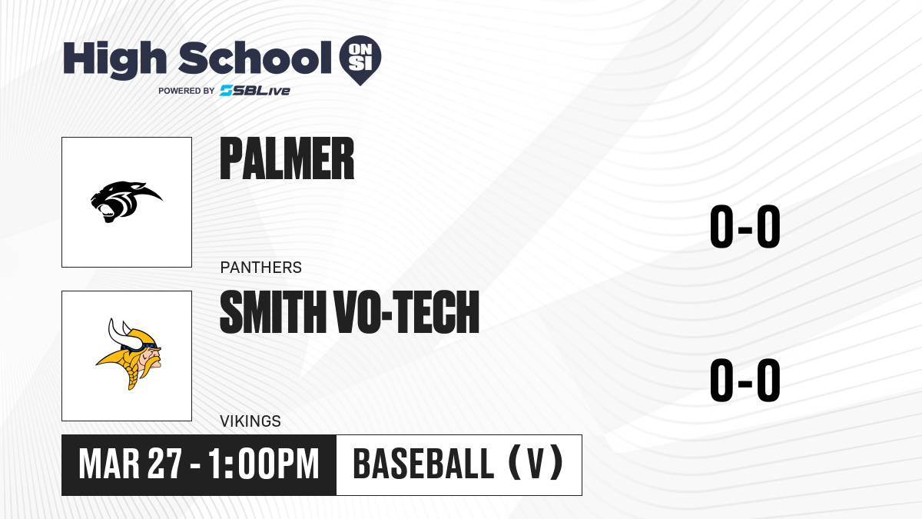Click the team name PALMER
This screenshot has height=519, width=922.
287,158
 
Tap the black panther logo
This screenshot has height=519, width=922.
126,201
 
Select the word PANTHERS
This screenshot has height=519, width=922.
261,268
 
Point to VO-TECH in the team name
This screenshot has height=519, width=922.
407,311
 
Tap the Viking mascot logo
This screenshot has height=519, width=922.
129,354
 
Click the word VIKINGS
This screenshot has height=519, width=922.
250,421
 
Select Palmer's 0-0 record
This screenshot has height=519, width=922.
745,226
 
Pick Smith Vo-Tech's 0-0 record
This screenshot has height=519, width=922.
745,380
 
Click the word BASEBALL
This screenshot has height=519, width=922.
423,464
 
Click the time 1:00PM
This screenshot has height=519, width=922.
264,464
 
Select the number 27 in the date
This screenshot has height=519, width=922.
164,464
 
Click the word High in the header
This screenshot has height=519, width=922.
114,59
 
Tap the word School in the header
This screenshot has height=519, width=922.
255,58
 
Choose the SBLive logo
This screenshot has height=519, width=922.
255,91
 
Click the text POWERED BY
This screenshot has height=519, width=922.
187,91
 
